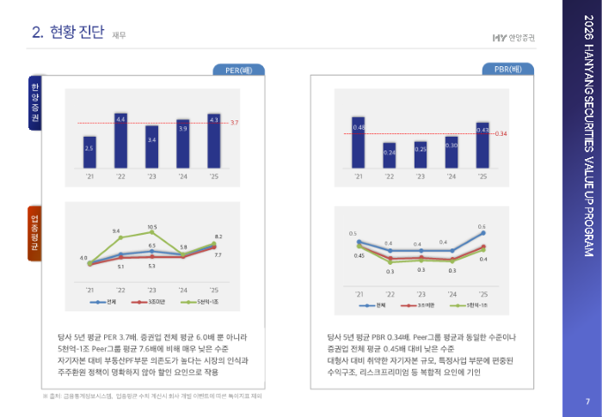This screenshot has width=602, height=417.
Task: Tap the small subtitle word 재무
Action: [119, 35]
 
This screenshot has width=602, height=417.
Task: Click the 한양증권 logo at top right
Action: [512, 35]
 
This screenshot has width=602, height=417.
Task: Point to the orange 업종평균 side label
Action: [35, 235]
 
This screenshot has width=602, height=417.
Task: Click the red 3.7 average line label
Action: [234, 123]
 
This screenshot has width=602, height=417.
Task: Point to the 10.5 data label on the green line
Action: [151, 227]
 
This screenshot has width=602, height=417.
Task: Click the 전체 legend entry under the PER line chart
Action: [107, 302]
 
